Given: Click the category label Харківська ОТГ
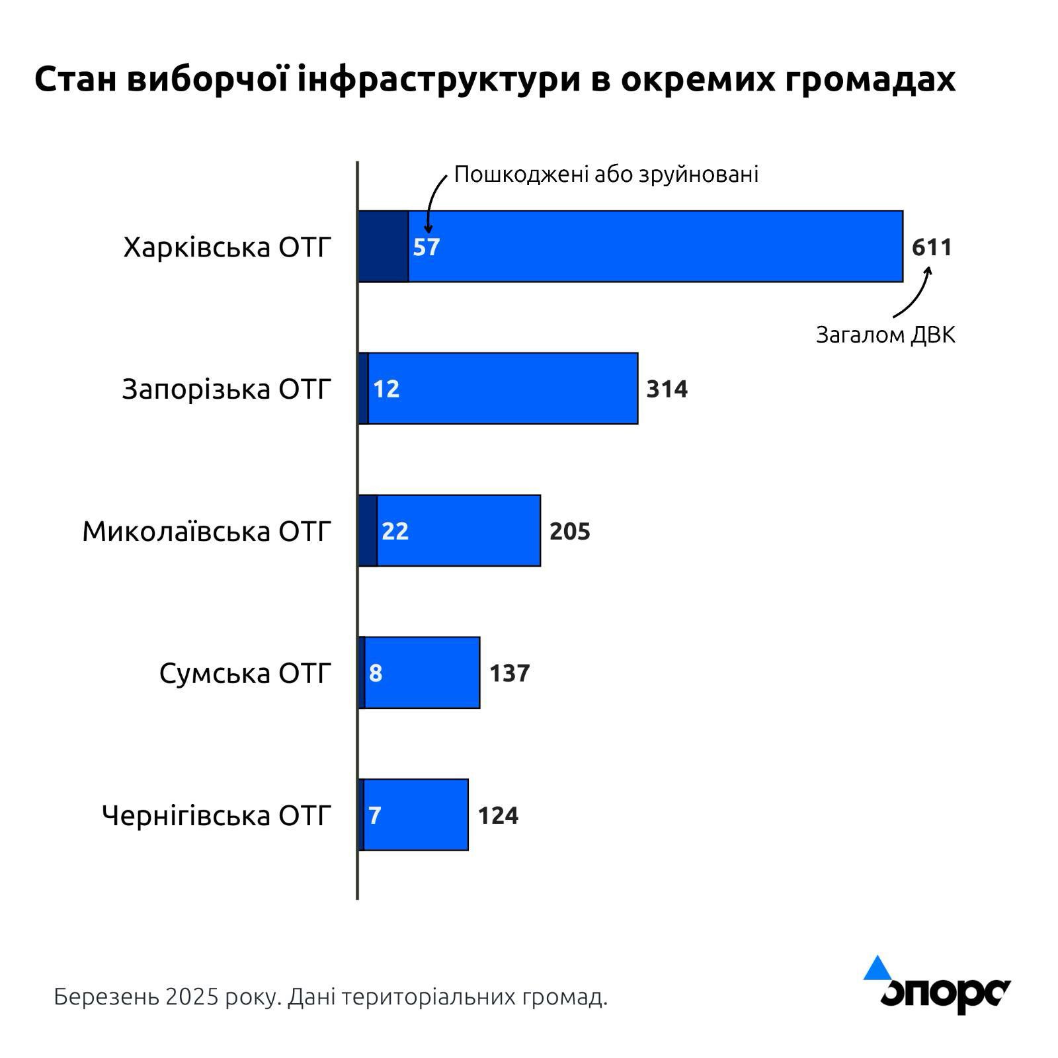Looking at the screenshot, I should click(227, 247).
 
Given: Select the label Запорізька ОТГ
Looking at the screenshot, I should click(226, 389).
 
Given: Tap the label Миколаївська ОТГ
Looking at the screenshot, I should click(206, 531).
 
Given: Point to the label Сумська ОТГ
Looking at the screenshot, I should click(245, 673).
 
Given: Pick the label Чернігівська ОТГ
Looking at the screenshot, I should click(216, 815).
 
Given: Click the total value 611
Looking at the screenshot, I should click(932, 247).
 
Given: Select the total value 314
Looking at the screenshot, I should click(667, 389).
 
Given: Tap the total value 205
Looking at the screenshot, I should click(569, 531).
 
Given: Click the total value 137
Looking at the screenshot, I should click(509, 673).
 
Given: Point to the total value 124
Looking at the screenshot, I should click(498, 815).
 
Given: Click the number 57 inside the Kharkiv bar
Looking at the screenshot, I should click(427, 247).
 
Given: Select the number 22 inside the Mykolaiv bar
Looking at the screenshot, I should click(395, 531).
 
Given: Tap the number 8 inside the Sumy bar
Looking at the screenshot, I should click(376, 673).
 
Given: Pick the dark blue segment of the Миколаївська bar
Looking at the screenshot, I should click(368, 530).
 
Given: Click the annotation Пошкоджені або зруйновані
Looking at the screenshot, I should click(606, 174).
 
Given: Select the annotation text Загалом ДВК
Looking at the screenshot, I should click(885, 335).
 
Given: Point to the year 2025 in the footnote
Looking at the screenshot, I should click(192, 997).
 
